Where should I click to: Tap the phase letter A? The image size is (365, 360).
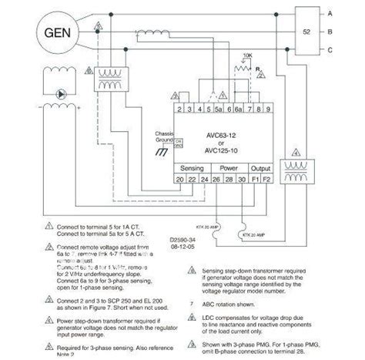351,13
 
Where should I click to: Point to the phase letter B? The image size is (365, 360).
351,33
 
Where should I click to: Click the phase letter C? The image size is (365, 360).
351,52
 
